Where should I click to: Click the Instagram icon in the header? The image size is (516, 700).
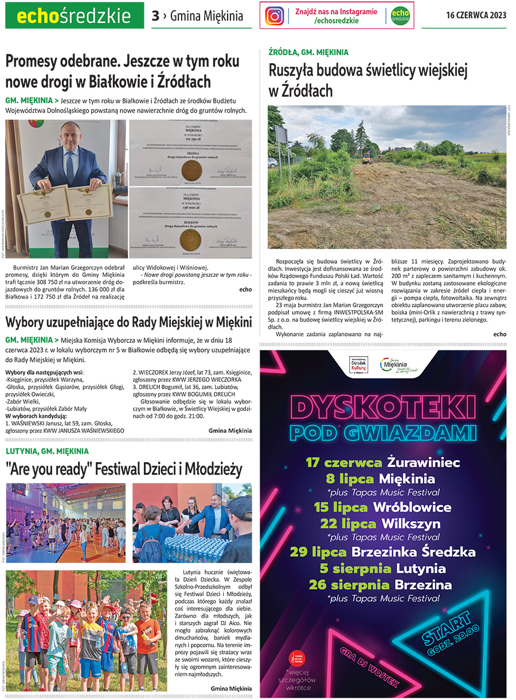[x=275, y=15]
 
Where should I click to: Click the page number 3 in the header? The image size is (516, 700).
[x=155, y=16]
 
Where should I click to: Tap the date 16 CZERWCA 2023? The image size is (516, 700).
[x=476, y=15]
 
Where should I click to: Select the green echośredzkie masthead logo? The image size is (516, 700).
[x=75, y=16]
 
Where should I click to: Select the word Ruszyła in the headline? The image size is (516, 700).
[x=296, y=71]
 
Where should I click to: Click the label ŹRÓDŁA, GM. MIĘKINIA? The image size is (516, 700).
[x=308, y=52]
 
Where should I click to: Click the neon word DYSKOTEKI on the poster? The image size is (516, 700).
[x=383, y=408]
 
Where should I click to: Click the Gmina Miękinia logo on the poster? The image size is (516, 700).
[x=401, y=366]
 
